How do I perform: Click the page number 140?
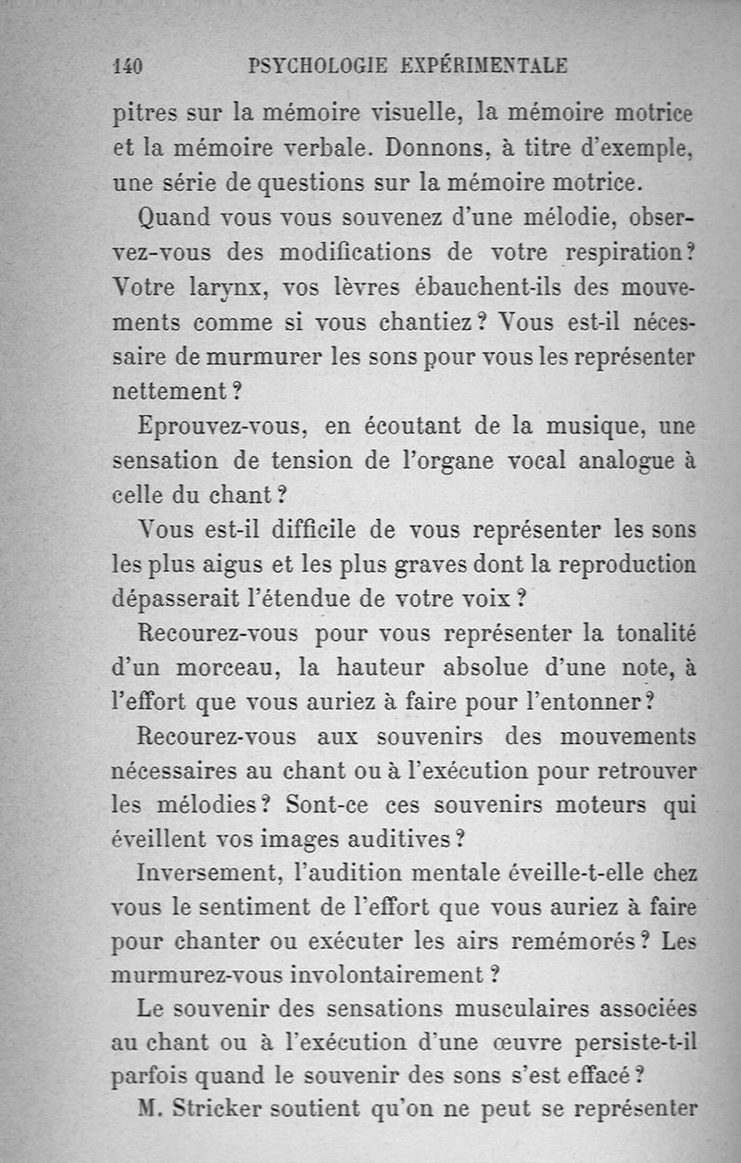coord(125,67)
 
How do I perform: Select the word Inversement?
coord(208,873)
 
